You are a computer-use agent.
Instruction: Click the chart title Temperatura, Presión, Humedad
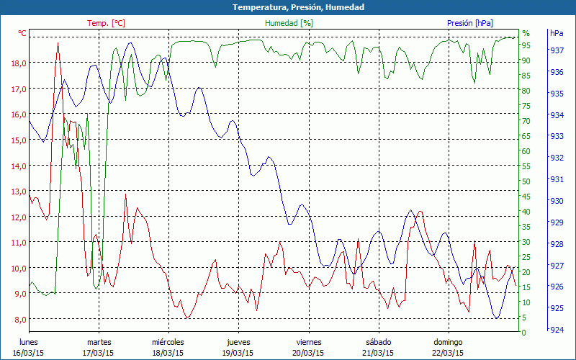pyautogui.click(x=288, y=7)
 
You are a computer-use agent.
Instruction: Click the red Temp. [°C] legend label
pyautogui.click(x=106, y=23)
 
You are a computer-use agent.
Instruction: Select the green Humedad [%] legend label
pyautogui.click(x=289, y=23)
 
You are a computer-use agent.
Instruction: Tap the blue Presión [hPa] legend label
pyautogui.click(x=469, y=23)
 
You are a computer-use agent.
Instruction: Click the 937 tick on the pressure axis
pyautogui.click(x=557, y=50)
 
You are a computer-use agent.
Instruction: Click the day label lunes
pyautogui.click(x=29, y=342)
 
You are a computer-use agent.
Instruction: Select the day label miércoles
pyautogui.click(x=168, y=342)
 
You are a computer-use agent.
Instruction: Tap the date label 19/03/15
pyautogui.click(x=238, y=353)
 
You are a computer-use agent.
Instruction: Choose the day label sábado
pyautogui.click(x=378, y=342)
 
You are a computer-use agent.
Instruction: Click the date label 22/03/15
pyautogui.click(x=448, y=353)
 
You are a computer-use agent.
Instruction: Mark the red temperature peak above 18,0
pyautogui.click(x=58, y=43)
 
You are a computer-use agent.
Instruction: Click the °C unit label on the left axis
pyautogui.click(x=22, y=33)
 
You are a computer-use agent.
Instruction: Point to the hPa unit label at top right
pyautogui.click(x=557, y=33)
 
